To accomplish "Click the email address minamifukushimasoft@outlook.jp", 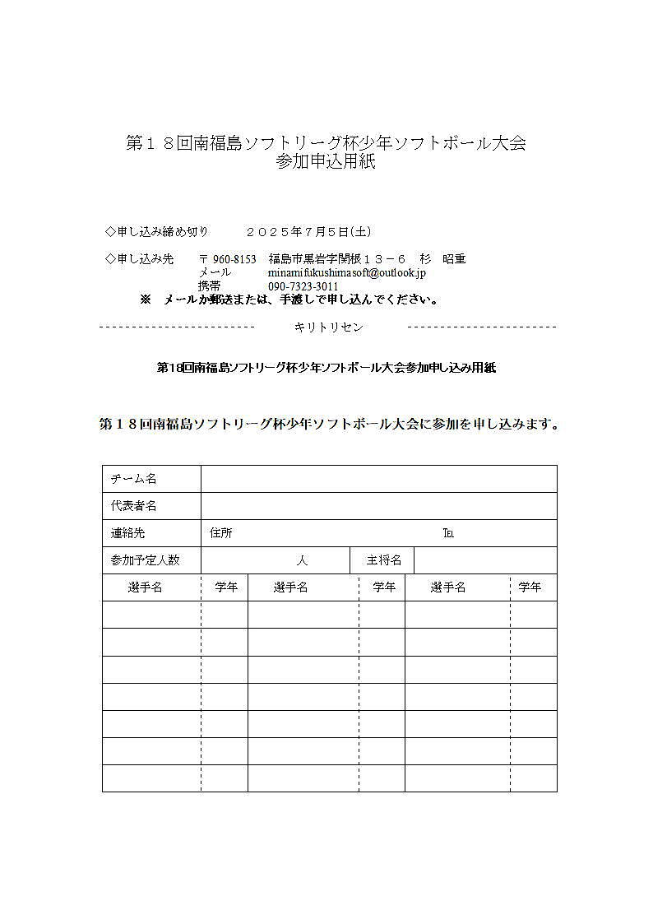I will (x=347, y=272).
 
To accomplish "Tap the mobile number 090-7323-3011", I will (x=303, y=286).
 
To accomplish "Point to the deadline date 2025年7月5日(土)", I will (x=302, y=232).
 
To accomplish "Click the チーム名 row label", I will (x=134, y=479).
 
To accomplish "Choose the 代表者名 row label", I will (x=134, y=506).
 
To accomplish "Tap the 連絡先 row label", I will (x=128, y=533).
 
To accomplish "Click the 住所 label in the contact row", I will (x=221, y=533).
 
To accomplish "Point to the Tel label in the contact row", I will (x=448, y=533).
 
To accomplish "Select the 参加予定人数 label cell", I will (x=146, y=560).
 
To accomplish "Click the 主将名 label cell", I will (x=384, y=560).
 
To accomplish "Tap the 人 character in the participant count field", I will (x=302, y=560).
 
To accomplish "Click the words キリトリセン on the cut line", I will (x=328, y=327).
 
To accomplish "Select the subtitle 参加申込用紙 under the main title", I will (x=326, y=162).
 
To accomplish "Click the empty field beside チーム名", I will (x=378, y=479).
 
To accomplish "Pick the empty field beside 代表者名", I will (x=378, y=506).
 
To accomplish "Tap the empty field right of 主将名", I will (x=485, y=560).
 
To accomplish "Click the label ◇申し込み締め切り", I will (x=157, y=232).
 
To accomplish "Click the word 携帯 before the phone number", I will (x=210, y=286).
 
